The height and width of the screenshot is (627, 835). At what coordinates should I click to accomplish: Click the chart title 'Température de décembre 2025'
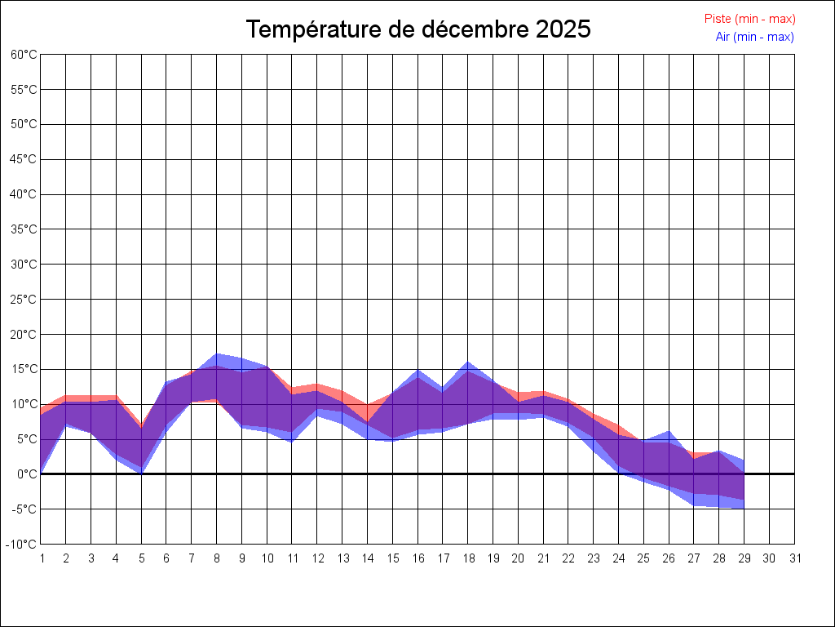point(418,29)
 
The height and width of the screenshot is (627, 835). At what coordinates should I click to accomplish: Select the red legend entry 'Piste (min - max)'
point(749,19)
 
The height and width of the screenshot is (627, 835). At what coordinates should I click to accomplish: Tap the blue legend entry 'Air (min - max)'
point(754,37)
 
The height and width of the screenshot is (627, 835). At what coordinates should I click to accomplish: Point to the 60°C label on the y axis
point(24,55)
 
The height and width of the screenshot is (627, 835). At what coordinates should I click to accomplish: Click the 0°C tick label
point(27,474)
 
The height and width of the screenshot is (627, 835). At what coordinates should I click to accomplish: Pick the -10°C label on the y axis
point(24,545)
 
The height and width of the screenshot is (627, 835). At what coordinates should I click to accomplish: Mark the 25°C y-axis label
point(24,300)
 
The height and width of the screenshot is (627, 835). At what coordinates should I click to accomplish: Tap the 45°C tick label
point(24,159)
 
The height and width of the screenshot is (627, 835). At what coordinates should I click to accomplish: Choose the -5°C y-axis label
point(25,509)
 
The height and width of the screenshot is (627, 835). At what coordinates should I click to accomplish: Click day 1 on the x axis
point(41,558)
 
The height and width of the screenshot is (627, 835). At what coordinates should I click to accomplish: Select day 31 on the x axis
point(795,558)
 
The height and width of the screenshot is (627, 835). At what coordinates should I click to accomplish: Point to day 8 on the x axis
point(217,558)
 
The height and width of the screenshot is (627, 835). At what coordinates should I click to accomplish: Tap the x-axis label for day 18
point(468,558)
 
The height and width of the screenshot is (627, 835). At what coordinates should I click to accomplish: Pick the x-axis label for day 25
point(644,558)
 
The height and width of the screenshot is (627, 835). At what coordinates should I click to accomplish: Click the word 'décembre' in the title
point(476,29)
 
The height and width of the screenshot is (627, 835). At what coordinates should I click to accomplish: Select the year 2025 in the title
point(563,29)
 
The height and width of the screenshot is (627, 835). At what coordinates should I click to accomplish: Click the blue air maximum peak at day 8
point(217,354)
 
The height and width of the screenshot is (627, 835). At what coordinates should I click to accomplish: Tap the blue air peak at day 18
point(468,362)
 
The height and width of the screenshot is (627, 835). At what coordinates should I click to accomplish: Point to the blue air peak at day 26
point(669,432)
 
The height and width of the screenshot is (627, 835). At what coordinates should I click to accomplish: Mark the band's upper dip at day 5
point(141,427)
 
